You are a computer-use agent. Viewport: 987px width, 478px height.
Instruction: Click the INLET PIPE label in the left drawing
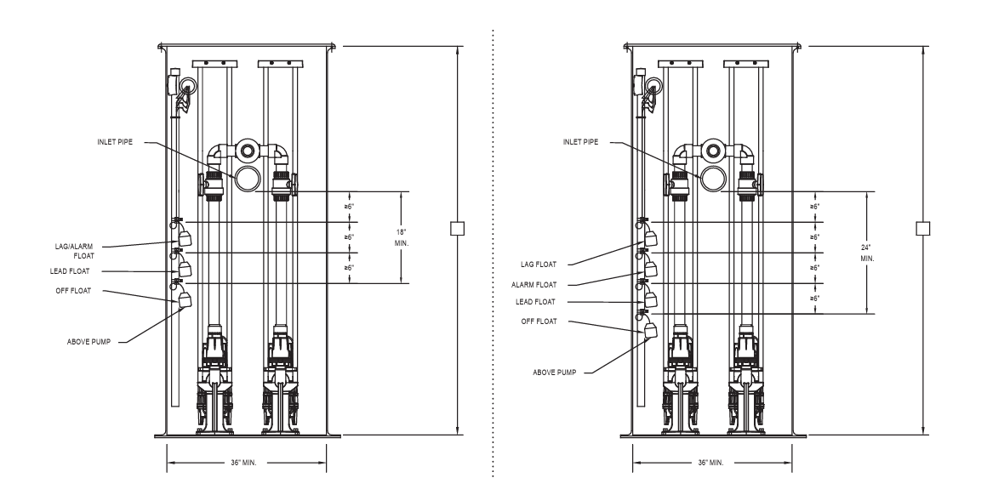[115, 142]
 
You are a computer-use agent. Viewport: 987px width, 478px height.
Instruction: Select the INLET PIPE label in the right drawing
[580, 142]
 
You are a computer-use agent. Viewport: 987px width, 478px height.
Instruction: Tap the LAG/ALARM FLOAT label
[74, 251]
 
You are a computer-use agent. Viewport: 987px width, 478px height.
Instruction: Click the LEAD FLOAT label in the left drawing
[70, 271]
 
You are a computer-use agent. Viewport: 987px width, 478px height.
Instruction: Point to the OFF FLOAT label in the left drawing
[73, 291]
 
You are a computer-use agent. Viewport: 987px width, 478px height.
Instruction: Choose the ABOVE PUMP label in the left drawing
[88, 342]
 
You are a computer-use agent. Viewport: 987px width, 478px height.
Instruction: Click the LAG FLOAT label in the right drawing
[539, 265]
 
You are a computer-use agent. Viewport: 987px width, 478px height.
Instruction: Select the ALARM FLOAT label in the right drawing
[533, 285]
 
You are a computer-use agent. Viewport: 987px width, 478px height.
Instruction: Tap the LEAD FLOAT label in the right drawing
[536, 302]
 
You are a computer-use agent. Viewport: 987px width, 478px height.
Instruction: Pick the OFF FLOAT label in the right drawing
[539, 322]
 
